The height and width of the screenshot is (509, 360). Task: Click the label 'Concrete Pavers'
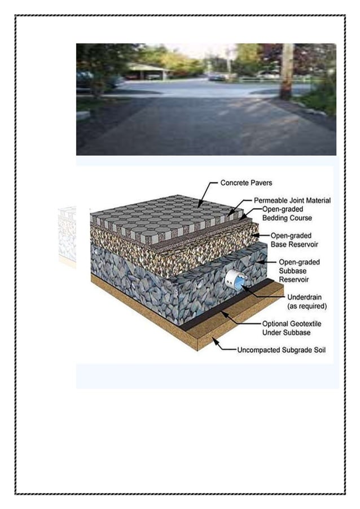(246, 183)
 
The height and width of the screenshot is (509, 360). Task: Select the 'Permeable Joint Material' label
(292, 200)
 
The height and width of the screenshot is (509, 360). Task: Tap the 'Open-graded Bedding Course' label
(287, 213)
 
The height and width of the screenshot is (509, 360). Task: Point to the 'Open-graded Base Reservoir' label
(295, 239)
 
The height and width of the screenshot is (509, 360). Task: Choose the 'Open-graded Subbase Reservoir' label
(299, 270)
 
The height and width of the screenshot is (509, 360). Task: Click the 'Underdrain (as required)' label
(307, 301)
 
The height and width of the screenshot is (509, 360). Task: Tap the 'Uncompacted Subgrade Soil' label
(281, 350)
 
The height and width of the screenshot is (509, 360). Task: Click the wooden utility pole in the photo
(287, 71)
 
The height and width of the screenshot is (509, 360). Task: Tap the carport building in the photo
(148, 72)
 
